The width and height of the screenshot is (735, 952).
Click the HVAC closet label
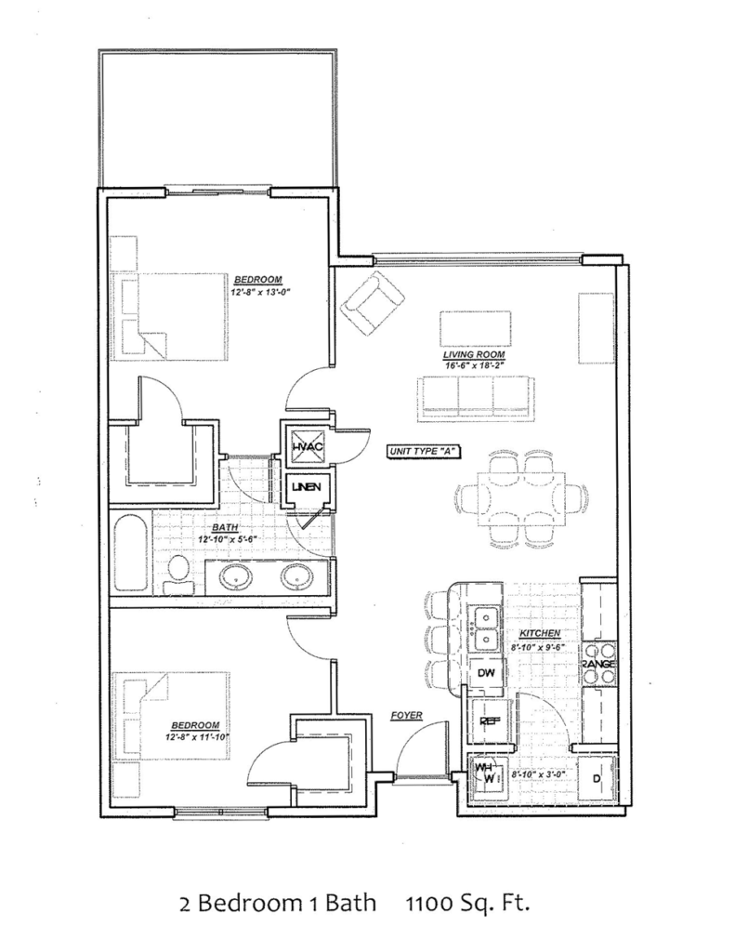pyautogui.click(x=307, y=447)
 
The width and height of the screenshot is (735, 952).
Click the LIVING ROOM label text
pyautogui.click(x=476, y=355)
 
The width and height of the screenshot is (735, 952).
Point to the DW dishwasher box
pyautogui.click(x=485, y=672)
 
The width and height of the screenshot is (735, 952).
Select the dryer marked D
pyautogui.click(x=596, y=778)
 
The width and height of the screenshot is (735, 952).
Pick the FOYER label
pyautogui.click(x=406, y=716)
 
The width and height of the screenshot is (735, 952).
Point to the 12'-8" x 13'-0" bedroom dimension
pyautogui.click(x=256, y=291)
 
